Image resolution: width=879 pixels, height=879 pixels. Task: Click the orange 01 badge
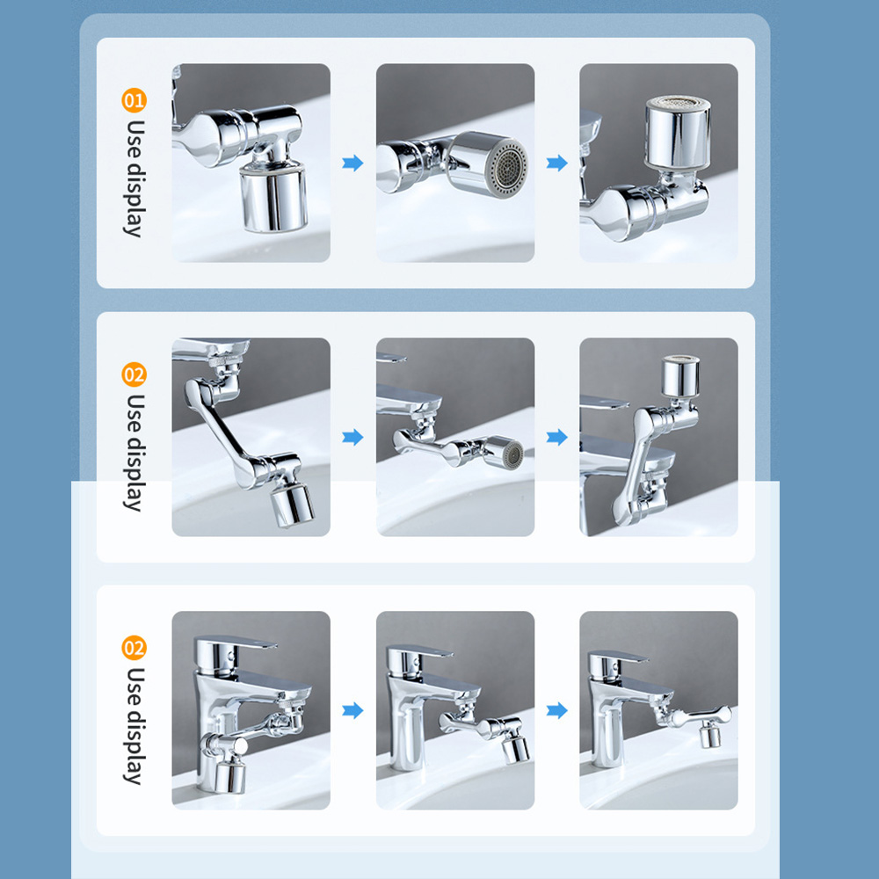coord(134,100)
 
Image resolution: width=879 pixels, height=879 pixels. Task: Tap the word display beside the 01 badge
coord(134,200)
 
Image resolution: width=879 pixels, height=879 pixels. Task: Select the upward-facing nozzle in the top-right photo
coord(678,133)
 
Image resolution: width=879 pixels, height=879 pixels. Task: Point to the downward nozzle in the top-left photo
coord(273,197)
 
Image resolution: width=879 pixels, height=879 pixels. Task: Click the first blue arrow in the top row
coord(352,163)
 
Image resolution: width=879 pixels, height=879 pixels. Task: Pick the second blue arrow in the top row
coord(556,163)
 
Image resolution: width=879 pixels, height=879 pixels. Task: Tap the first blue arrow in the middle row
coord(352,437)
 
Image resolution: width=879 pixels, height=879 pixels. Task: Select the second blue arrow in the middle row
coord(556,437)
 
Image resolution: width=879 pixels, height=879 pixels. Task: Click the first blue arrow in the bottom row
coord(352,710)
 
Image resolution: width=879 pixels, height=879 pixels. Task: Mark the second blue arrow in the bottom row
coord(556,710)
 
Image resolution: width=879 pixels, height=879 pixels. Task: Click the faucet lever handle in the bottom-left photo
coord(236,643)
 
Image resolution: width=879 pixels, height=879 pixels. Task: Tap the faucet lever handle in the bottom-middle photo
coord(420,652)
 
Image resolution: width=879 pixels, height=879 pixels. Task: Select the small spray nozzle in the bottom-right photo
coord(710,735)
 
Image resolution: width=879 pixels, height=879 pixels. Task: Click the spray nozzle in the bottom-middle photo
coord(516,749)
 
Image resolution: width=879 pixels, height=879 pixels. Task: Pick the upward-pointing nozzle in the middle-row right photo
coord(680,376)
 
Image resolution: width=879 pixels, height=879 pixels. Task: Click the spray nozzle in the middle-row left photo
coord(292,505)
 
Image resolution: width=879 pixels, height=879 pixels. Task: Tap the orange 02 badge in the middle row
coord(134,374)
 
